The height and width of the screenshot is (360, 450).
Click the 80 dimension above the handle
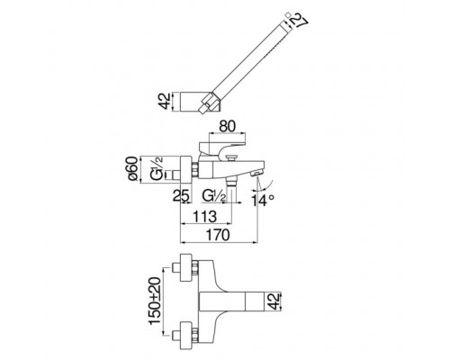click(227, 126)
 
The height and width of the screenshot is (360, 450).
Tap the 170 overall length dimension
click(218, 235)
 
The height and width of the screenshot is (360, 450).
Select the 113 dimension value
click(204, 216)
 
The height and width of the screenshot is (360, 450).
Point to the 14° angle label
click(263, 201)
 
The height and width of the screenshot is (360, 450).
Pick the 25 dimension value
click(181, 196)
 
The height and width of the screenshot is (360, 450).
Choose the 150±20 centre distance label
click(155, 301)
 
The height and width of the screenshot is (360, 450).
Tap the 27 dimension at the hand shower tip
click(299, 21)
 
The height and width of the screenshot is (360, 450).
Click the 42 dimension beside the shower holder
click(164, 101)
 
